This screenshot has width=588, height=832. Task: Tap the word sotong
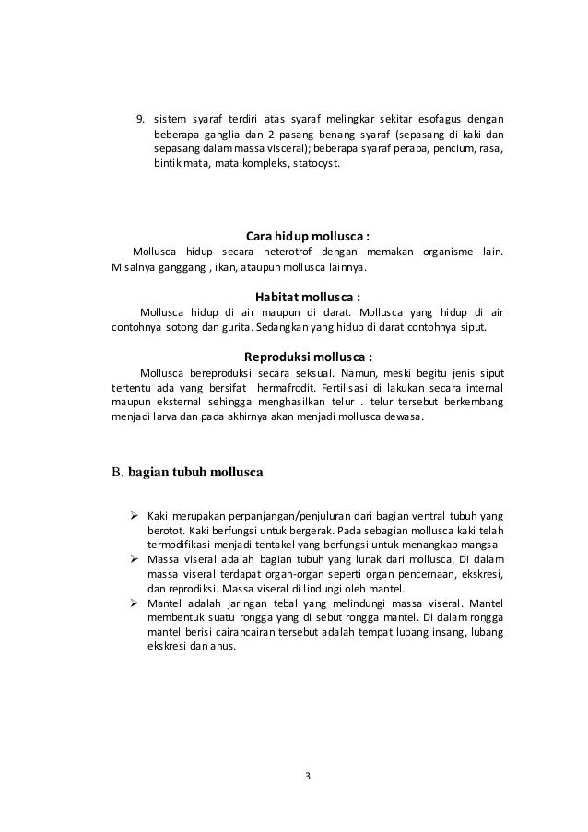click(x=181, y=328)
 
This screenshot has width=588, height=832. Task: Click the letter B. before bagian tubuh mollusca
click(x=117, y=475)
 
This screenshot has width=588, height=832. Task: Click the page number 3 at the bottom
click(x=308, y=774)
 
